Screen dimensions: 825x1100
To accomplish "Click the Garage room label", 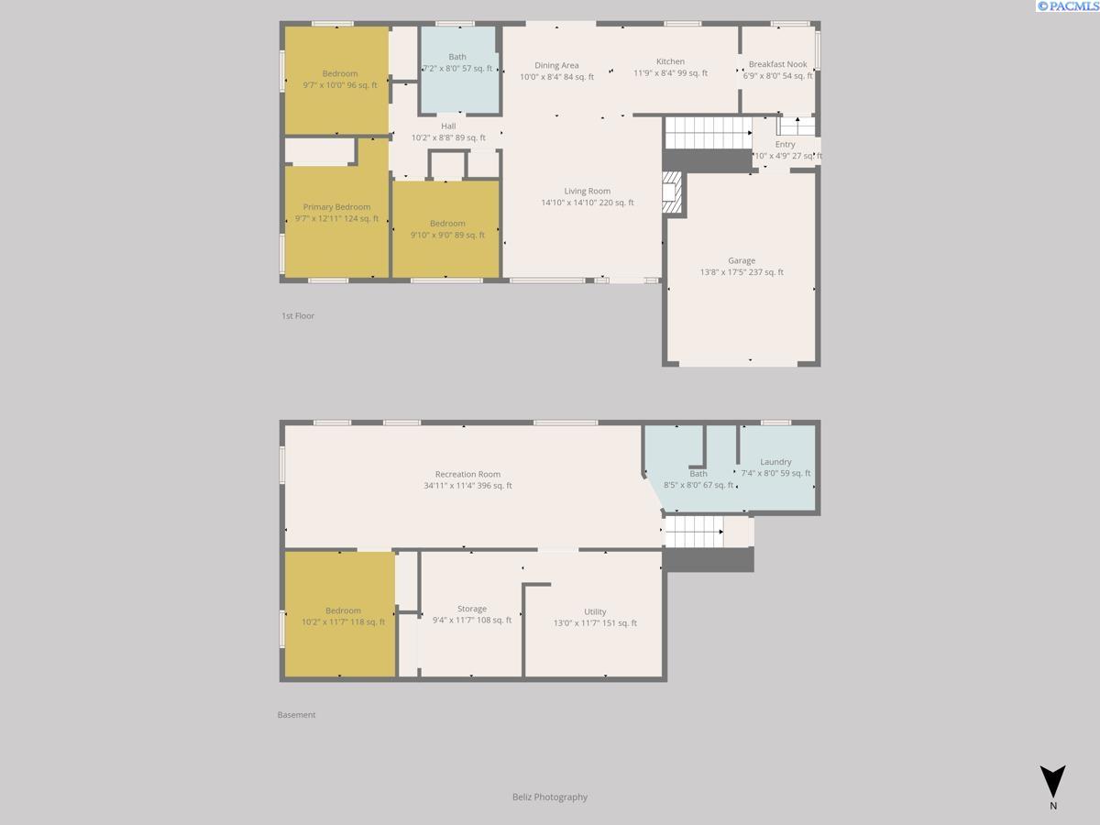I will tap(742, 260).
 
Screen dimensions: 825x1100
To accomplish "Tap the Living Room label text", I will tap(587, 191).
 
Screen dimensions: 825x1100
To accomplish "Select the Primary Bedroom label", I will tap(336, 207).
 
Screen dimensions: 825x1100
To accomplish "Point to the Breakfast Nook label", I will tap(777, 64).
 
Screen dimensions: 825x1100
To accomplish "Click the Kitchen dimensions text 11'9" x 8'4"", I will tap(670, 73).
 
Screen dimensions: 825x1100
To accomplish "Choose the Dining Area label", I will tap(556, 65).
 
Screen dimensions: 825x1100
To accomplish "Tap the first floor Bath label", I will tap(456, 57).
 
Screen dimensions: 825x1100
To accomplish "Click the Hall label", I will tap(447, 126).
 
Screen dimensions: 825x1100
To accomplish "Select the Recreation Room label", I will tap(467, 474).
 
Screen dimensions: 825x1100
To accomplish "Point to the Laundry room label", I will tap(775, 462).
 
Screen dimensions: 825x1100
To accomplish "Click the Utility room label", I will tap(595, 611).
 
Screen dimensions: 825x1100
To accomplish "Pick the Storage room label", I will tap(472, 609).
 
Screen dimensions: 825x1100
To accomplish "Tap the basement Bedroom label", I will tap(343, 610).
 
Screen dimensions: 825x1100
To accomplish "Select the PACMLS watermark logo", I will tap(1067, 6).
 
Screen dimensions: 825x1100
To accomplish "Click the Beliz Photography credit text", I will tap(549, 797).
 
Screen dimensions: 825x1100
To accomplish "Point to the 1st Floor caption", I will tap(298, 315).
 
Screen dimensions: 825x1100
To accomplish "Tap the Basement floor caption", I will tap(296, 714).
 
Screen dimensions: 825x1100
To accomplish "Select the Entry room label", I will tap(785, 144).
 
